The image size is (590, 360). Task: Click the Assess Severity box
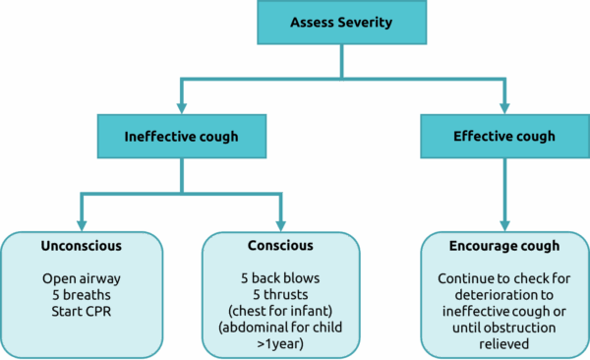(342, 22)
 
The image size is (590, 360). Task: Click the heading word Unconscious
(81, 245)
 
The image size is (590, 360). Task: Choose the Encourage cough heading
(502, 245)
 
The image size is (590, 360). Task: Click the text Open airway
(81, 278)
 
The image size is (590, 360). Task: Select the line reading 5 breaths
(81, 294)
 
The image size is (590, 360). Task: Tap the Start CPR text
(81, 310)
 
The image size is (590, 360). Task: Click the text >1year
(282, 342)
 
